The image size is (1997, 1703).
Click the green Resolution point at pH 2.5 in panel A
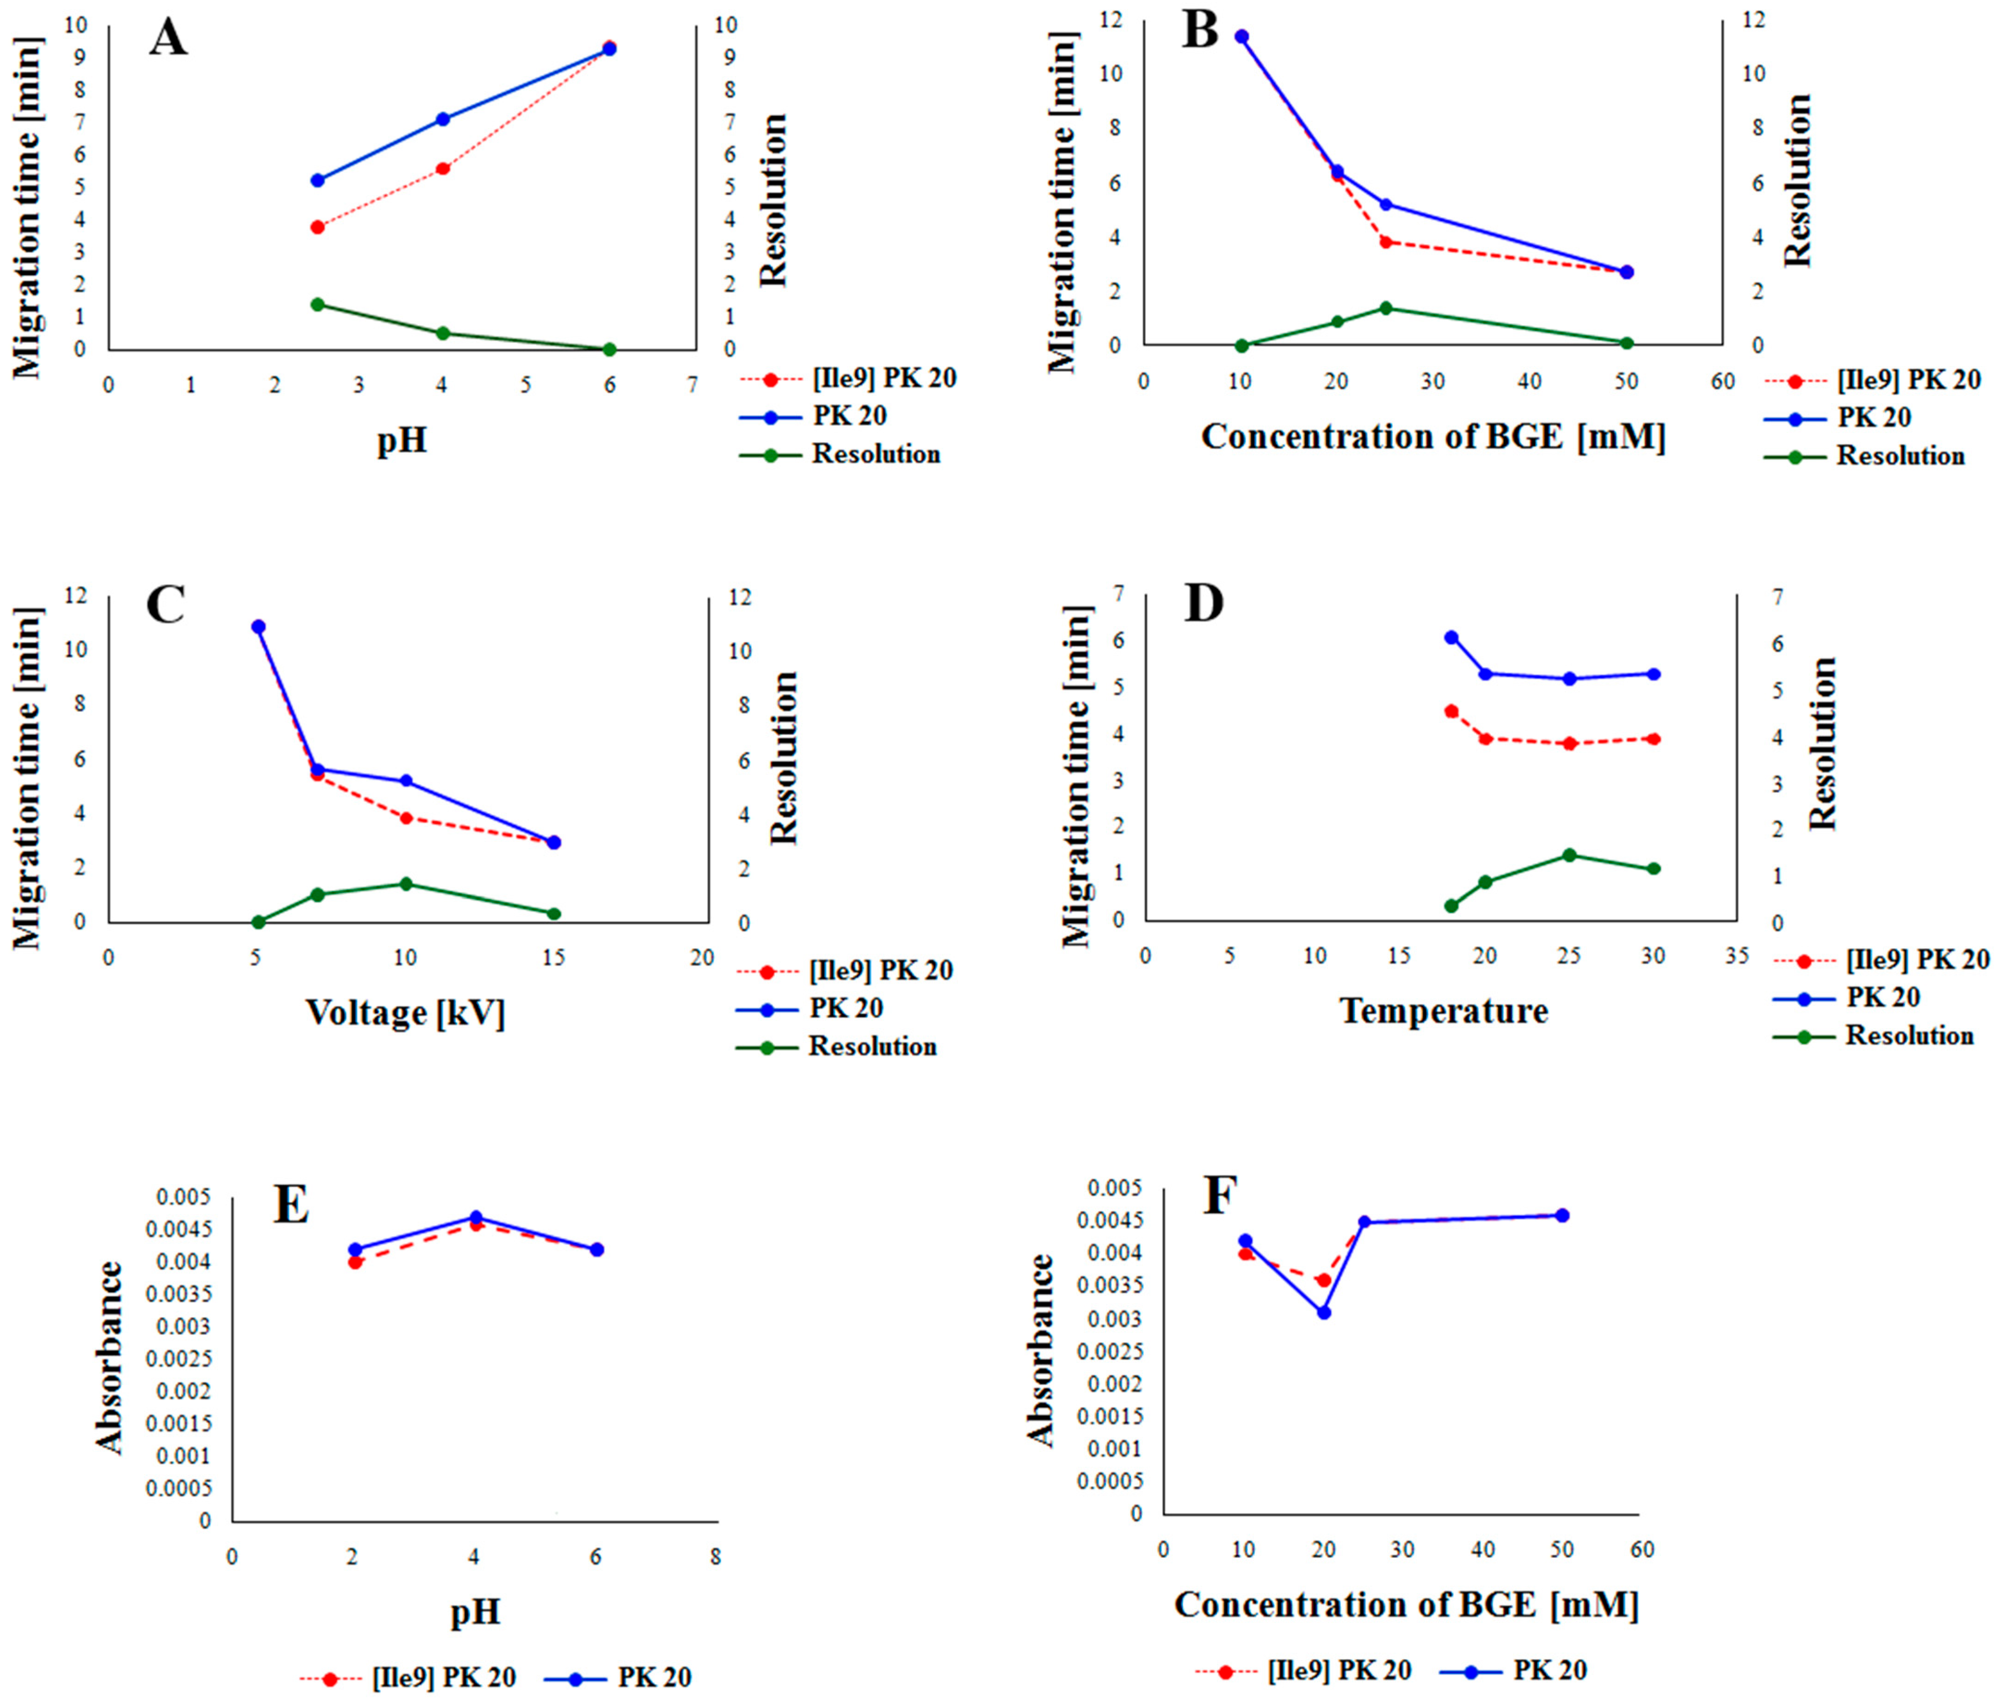pyautogui.click(x=317, y=305)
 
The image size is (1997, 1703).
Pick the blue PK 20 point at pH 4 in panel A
pyautogui.click(x=442, y=120)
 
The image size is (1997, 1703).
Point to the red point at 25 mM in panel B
pyautogui.click(x=1386, y=242)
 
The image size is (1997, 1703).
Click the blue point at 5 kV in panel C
pyautogui.click(x=258, y=626)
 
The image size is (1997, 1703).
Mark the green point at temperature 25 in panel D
pyautogui.click(x=1569, y=855)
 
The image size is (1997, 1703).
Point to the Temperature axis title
pyautogui.click(x=1444, y=1011)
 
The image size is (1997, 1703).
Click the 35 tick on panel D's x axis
pyautogui.click(x=1736, y=956)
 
